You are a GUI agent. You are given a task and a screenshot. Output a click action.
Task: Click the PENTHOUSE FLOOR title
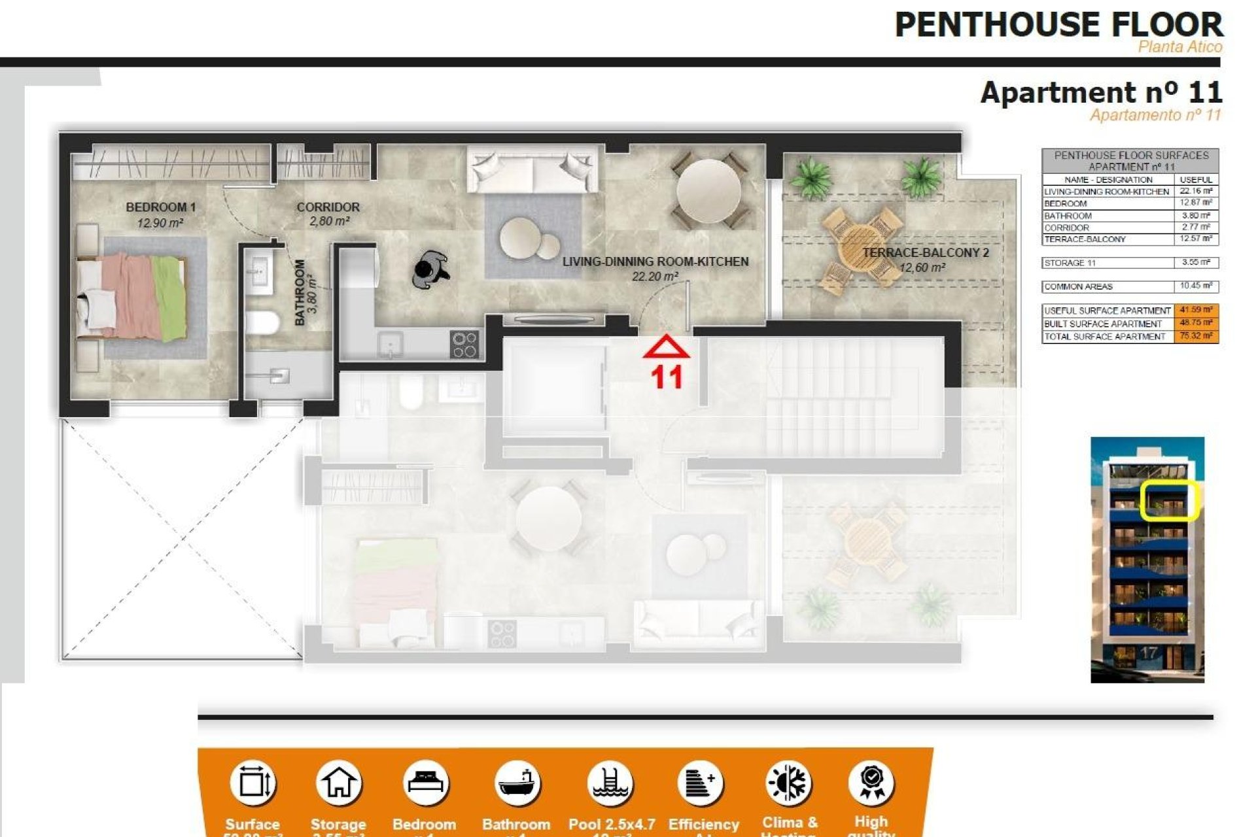tap(1058, 26)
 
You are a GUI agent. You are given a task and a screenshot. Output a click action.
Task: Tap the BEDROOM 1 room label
tap(161, 207)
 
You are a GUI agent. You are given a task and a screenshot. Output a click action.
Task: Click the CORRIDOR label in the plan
tap(328, 207)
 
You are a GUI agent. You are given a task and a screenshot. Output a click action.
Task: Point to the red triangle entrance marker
tap(666, 347)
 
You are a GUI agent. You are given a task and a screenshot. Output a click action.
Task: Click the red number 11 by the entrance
tap(666, 377)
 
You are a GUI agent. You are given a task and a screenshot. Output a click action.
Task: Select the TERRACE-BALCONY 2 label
tap(924, 252)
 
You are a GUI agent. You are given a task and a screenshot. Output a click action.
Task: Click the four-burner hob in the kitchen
tap(464, 345)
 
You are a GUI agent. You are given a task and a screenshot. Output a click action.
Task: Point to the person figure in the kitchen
tap(430, 269)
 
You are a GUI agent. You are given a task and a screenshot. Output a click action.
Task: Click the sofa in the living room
tap(532, 169)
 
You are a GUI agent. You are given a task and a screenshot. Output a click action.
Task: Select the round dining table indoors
tap(708, 192)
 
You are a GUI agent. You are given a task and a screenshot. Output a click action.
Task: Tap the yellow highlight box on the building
tap(1168, 501)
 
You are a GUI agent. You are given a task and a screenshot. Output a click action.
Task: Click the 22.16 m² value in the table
tap(1195, 192)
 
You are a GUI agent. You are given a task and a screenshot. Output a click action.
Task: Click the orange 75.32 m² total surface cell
tap(1196, 336)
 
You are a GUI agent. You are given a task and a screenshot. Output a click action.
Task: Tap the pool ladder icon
tap(610, 783)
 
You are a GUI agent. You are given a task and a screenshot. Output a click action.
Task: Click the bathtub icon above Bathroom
tap(517, 783)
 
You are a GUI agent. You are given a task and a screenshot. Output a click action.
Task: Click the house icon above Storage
tap(338, 783)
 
